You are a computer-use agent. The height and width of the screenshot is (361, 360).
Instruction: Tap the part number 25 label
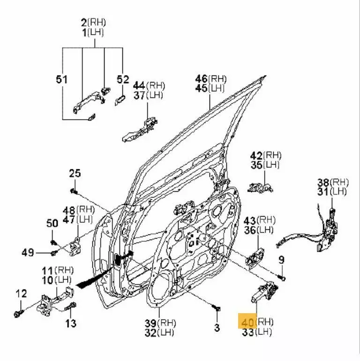click(x=75, y=173)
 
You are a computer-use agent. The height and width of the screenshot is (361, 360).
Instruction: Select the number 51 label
click(x=62, y=80)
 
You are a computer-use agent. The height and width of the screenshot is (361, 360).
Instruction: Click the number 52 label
click(x=122, y=80)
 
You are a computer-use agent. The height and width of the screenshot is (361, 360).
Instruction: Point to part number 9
click(x=281, y=259)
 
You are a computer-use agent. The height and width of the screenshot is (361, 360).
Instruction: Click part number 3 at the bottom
click(x=217, y=328)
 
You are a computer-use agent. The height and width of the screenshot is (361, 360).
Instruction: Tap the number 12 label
click(x=22, y=294)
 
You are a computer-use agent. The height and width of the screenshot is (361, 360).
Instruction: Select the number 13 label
click(x=70, y=323)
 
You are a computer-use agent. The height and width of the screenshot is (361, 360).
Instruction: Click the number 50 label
click(x=52, y=224)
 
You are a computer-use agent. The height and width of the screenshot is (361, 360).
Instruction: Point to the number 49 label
click(x=28, y=253)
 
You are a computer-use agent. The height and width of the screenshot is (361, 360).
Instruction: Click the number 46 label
click(x=202, y=78)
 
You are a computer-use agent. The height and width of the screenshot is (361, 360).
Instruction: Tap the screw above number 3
click(x=216, y=308)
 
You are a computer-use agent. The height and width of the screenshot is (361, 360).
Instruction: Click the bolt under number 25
click(x=74, y=191)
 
